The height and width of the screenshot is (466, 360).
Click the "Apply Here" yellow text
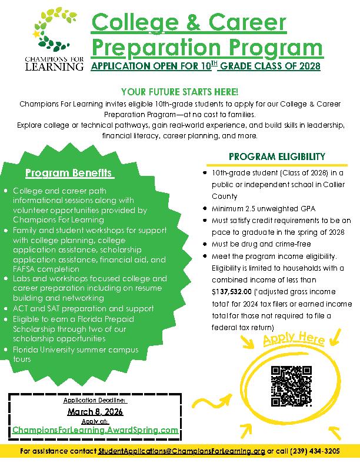point(285,340)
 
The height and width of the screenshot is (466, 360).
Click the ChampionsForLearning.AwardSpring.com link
point(95,430)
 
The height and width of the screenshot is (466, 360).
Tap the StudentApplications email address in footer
point(181,451)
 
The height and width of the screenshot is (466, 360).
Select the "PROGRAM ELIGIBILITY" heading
point(276,157)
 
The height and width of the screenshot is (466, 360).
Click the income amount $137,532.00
point(231,291)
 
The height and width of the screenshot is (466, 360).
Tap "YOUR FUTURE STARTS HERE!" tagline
point(179,92)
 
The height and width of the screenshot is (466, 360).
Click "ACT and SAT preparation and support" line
point(83,308)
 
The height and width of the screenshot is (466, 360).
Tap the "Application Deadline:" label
point(95,400)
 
